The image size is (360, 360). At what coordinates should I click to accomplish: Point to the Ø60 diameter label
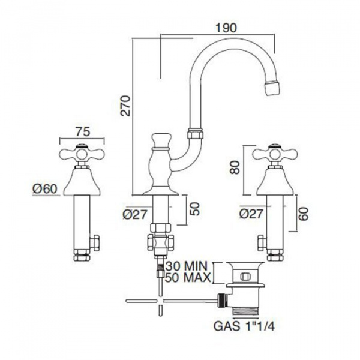tap(46, 188)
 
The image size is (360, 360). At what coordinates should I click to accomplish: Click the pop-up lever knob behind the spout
tap(160, 139)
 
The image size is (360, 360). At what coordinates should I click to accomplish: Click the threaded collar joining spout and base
tap(196, 133)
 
